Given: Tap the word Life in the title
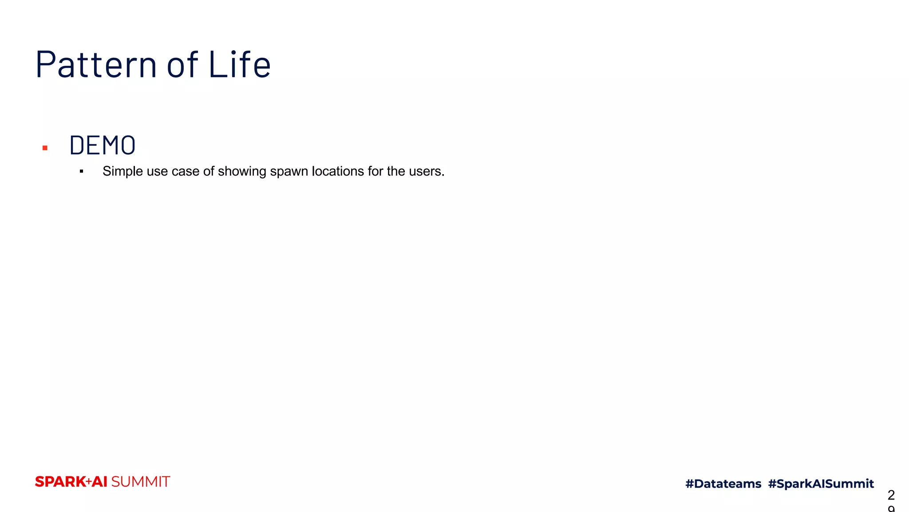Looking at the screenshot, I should (239, 64).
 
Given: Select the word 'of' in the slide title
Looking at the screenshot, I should (182, 64).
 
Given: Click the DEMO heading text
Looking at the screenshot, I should (103, 145).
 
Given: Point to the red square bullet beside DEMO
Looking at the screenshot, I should (45, 148).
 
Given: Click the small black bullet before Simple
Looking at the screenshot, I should (82, 172).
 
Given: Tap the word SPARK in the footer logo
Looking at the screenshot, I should (60, 482).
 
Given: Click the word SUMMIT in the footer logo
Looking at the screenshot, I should (140, 482).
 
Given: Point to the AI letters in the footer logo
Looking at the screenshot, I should (100, 482).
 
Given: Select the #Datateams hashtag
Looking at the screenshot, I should (723, 484).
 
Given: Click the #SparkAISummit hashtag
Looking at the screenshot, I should (821, 484).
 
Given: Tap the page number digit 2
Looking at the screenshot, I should (891, 495).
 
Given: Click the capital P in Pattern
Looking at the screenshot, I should (47, 64).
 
